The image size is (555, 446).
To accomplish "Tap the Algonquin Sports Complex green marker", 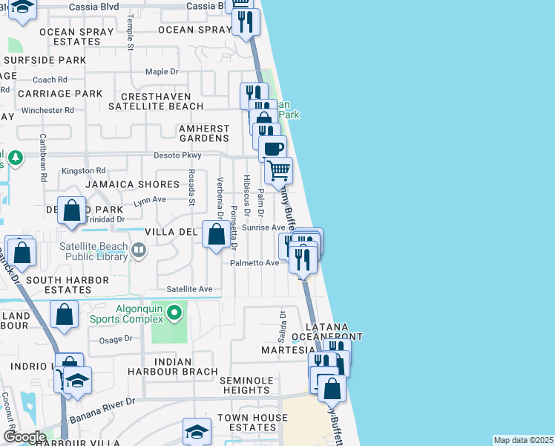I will pos(175,313).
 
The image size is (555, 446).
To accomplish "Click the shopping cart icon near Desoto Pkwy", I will pos(279,170).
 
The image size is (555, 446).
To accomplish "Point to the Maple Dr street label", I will pos(162,72).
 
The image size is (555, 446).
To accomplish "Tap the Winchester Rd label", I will pos(48,110).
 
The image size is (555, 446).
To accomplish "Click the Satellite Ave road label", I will pos(189,289).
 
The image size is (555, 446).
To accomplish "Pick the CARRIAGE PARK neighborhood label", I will pos(59,94).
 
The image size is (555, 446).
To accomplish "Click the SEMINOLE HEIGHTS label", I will pos(245,385).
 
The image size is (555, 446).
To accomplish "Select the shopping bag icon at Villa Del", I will pos(216,236).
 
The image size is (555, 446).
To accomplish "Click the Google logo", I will pos(24,437).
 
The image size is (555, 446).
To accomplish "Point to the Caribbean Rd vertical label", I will pos(43,158).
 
